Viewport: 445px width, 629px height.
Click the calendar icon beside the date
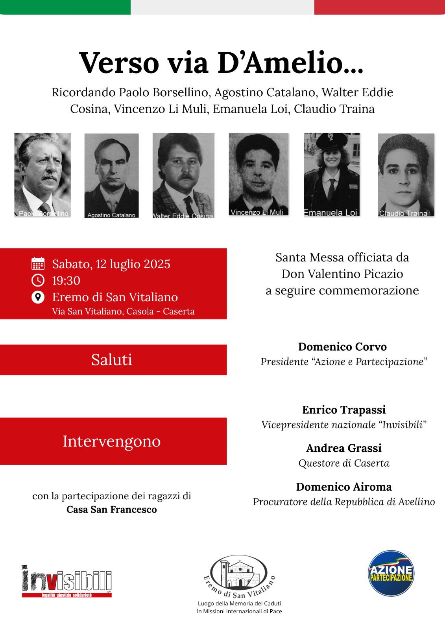tap(38, 263)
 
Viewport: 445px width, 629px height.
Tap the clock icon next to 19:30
tap(38, 280)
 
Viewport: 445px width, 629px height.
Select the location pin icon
tap(38, 297)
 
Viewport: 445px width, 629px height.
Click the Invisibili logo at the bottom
tap(66, 581)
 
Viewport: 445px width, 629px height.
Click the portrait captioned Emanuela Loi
tap(331, 175)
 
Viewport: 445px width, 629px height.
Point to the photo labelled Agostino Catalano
tap(111, 175)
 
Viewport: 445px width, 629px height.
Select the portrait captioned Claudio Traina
tap(406, 175)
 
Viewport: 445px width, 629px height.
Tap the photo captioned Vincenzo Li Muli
tap(259, 175)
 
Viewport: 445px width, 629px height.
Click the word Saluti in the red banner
tap(112, 360)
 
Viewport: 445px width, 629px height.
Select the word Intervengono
tap(112, 441)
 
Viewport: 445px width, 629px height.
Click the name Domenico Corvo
tap(342, 347)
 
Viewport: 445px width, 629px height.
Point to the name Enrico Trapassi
tap(344, 410)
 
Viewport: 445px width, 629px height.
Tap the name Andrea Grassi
tap(344, 448)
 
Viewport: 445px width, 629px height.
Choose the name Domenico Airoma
tap(344, 487)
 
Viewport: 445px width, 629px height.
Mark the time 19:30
tap(66, 281)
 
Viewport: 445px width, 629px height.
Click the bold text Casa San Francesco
tap(112, 509)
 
